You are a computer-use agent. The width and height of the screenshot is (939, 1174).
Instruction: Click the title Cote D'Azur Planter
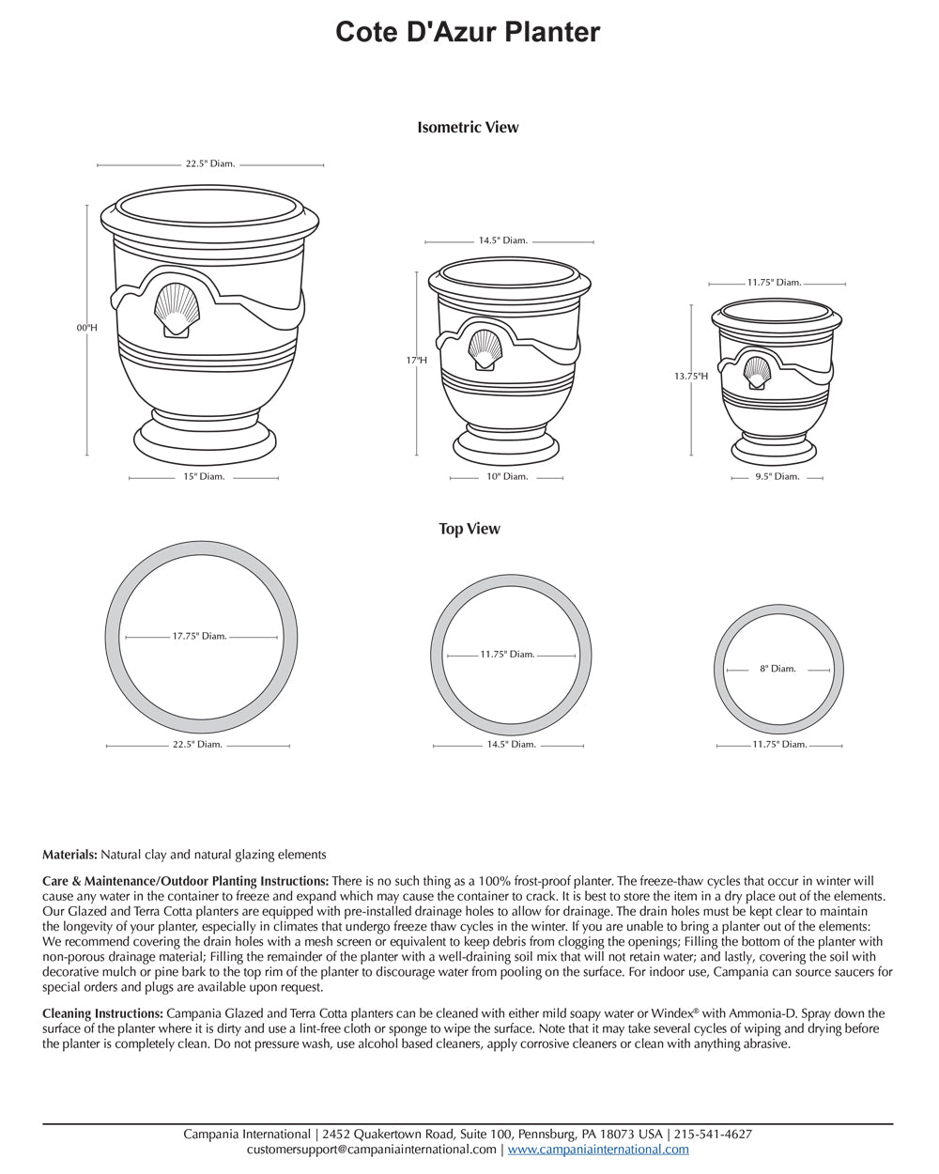coord(468,33)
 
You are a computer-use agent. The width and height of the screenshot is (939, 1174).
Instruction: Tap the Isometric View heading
coord(468,128)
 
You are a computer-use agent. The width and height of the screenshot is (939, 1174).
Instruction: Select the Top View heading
coord(469,529)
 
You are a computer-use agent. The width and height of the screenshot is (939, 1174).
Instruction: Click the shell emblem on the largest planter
coord(176,310)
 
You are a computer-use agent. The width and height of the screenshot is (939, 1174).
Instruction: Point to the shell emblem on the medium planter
coord(485,349)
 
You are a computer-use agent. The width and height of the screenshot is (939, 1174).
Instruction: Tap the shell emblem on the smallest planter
coord(757,371)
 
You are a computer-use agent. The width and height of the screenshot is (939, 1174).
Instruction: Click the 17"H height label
coord(417,361)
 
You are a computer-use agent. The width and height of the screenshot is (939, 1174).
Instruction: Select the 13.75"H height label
coord(690,377)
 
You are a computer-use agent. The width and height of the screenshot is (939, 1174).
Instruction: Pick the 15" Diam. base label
coord(204,477)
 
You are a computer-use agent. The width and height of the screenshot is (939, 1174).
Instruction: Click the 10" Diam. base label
coord(507,477)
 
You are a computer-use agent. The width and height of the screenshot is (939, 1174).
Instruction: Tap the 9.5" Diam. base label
coord(778,477)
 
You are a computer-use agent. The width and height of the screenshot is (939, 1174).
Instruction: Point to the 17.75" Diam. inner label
coord(199,637)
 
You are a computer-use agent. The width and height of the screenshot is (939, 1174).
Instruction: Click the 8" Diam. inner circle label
coord(777,669)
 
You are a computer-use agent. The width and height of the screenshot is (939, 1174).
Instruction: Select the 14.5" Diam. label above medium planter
coord(502,241)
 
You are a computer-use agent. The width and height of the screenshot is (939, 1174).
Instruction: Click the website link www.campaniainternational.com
coord(598,1149)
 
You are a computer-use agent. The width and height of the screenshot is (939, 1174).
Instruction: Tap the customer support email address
coord(372,1149)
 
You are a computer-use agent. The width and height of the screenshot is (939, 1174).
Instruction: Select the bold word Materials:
coord(69,855)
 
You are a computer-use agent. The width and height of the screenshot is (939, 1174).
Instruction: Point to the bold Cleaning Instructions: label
coord(103,1014)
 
